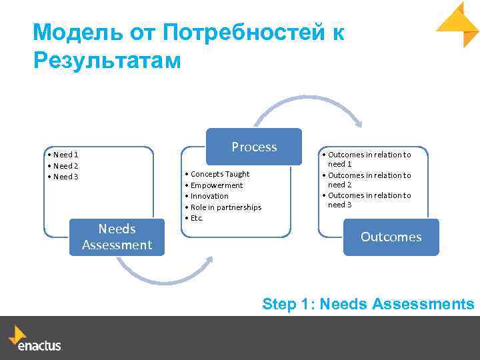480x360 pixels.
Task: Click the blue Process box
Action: (254, 147)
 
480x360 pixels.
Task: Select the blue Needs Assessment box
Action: (117, 237)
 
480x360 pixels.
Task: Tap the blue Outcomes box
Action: (391, 237)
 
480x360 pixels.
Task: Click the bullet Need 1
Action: (65, 155)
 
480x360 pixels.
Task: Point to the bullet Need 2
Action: (65, 165)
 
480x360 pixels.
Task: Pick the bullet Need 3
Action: (65, 176)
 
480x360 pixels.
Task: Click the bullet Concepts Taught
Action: (219, 174)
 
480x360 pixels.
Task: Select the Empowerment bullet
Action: (217, 185)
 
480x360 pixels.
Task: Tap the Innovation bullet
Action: (209, 196)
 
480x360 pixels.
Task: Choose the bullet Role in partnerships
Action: (225, 207)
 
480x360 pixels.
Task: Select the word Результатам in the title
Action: (107, 60)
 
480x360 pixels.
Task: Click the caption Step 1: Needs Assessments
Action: (368, 304)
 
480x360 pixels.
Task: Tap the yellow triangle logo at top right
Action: (459, 24)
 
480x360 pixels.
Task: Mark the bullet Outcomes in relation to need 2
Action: (369, 180)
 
